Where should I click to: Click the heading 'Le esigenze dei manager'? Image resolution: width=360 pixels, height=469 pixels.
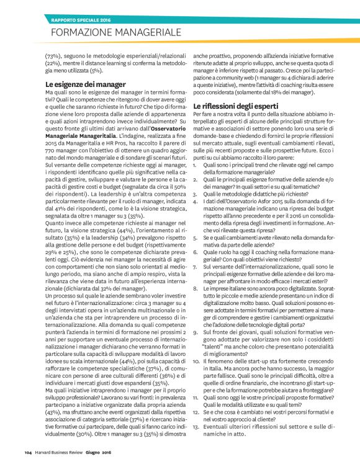coord(86,84)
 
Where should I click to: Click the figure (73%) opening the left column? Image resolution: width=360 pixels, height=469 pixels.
coord(54,57)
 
